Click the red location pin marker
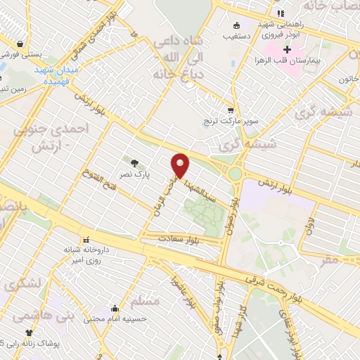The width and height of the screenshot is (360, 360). tap(181, 166)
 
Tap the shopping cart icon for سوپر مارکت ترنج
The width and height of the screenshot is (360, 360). tap(231, 111)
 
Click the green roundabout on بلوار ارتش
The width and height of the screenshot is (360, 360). tap(235, 174)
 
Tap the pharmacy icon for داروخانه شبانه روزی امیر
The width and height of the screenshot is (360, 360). tap(86, 239)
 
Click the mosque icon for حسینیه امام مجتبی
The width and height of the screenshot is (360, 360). tap(115, 308)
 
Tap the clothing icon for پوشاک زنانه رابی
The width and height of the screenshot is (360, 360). tap(29, 333)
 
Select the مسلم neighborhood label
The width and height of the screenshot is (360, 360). tap(145, 301)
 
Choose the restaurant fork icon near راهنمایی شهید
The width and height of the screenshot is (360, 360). tap(280, 13)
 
